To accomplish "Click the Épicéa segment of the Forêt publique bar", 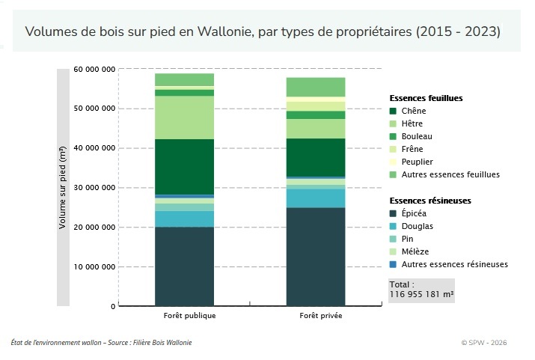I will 184,266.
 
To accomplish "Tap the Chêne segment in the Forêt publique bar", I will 184,166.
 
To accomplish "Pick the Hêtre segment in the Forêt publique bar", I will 184,118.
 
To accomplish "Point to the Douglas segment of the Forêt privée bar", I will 315,198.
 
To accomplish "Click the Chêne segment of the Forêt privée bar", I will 315,156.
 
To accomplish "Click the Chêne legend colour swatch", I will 393,111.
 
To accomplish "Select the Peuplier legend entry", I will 417,162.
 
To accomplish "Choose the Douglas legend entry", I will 417,226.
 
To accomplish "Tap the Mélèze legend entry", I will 415,251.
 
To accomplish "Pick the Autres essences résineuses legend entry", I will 454,264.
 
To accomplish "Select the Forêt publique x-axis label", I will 184,316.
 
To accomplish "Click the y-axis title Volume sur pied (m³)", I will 64,187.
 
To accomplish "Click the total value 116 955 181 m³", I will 421,294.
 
